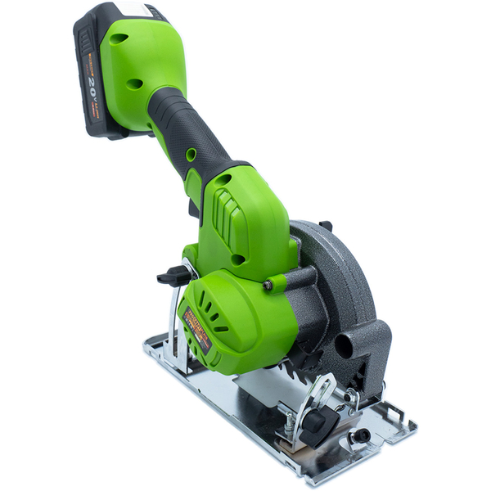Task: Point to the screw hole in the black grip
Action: click(x=191, y=155)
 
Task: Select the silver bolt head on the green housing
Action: click(x=268, y=285)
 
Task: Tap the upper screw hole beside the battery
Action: click(x=120, y=38)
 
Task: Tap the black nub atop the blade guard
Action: click(x=325, y=225)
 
